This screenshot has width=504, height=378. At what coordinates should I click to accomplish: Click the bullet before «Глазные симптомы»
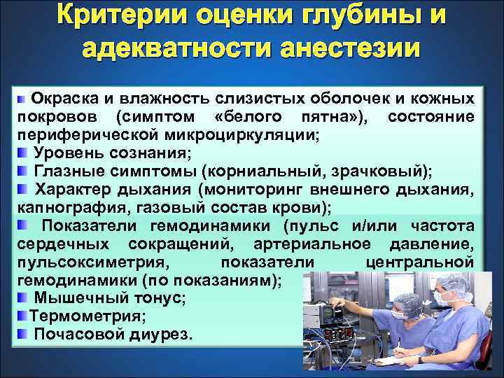[x=23, y=170]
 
